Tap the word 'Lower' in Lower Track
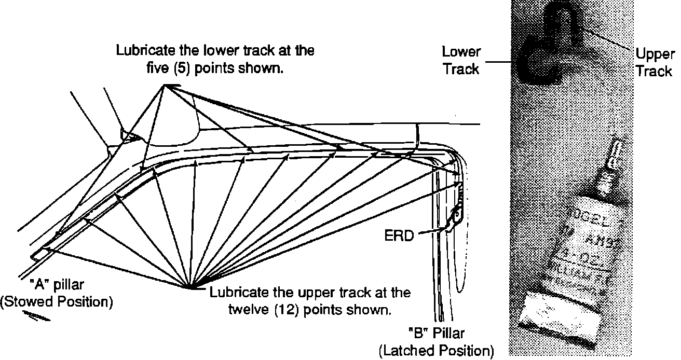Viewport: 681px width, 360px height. [x=461, y=52]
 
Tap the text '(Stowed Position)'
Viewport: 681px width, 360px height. [x=56, y=302]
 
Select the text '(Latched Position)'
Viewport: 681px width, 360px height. [x=435, y=351]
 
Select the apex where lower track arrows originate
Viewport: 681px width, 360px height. [x=165, y=87]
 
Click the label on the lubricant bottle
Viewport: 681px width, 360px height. [x=586, y=239]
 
